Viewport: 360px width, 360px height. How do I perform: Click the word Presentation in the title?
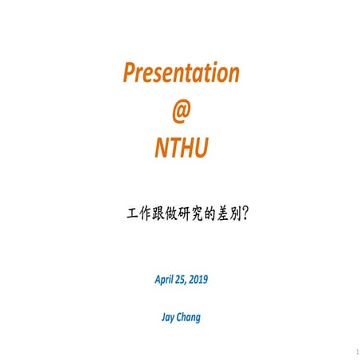(181, 74)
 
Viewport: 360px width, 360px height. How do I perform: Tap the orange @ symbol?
(182, 111)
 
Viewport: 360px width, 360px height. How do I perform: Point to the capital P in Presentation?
(130, 73)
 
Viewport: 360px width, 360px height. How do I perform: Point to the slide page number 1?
(350, 350)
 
